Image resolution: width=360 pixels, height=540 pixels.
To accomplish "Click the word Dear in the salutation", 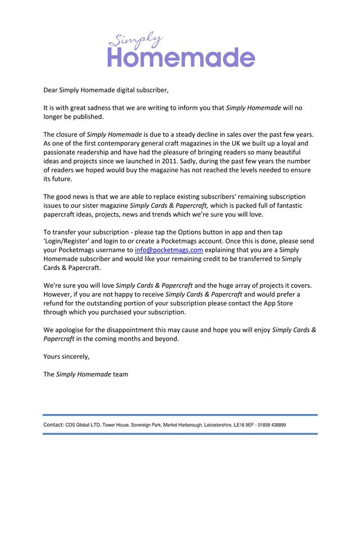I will click(51, 89).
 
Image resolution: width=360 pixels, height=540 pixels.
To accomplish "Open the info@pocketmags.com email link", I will click(169, 250).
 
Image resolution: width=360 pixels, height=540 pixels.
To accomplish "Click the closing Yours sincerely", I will click(66, 357).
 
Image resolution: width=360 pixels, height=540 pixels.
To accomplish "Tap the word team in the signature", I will click(120, 375).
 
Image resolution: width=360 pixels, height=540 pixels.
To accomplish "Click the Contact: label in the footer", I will click(53, 425).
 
